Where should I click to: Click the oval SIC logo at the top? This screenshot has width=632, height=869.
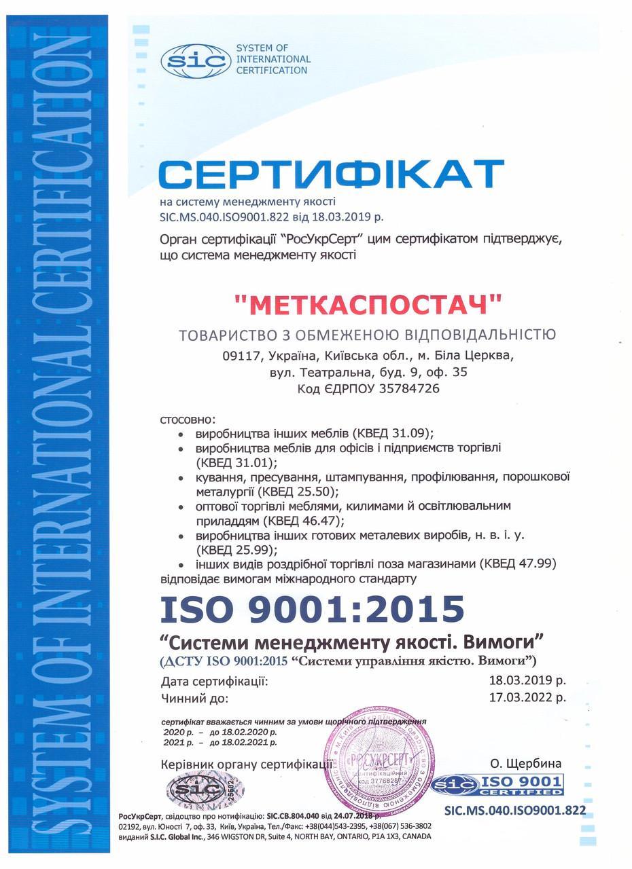tap(195, 61)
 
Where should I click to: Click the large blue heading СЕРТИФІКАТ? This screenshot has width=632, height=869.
tap(332, 174)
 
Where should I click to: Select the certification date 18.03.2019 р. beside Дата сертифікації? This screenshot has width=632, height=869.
tap(527, 680)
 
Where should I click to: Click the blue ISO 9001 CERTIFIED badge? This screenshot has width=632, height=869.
tap(497, 786)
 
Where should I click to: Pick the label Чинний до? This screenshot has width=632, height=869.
tap(196, 697)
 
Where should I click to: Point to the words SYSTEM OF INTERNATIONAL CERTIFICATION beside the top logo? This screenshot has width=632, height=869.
tap(273, 59)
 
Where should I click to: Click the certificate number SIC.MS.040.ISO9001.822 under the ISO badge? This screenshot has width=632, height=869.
tap(514, 810)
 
